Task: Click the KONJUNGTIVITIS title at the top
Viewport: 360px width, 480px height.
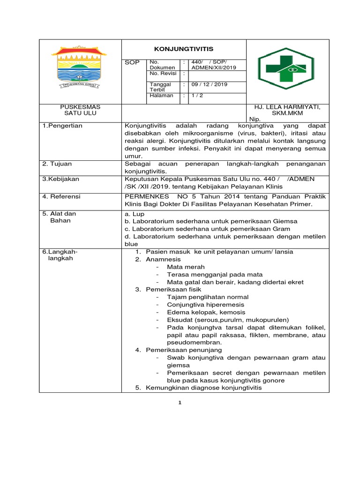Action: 184,49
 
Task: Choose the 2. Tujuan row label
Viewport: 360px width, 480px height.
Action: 59,164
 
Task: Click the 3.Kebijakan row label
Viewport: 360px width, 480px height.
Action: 61,179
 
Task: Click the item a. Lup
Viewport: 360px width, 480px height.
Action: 135,214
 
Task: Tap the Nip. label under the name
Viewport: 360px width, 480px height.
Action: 255,119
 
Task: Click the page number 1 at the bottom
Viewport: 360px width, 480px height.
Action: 180,404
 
